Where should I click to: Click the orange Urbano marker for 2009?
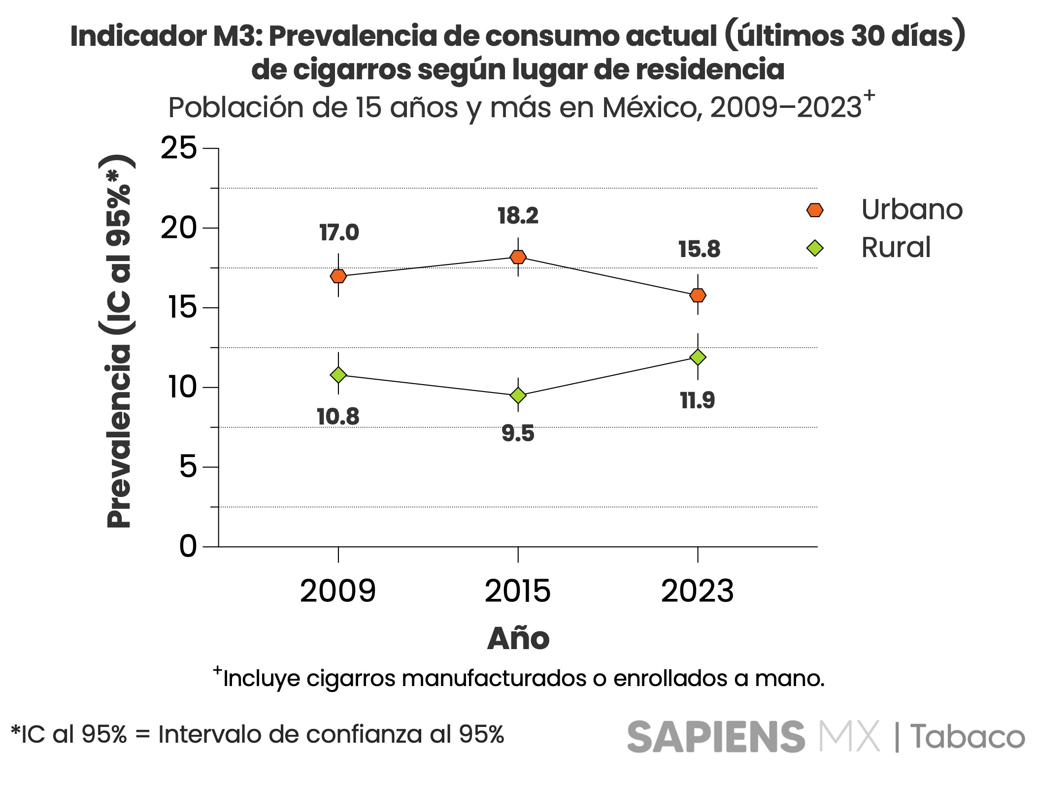[338, 276]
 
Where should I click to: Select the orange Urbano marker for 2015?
[518, 257]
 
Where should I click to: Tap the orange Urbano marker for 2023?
[698, 295]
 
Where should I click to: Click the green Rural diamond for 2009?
[338, 375]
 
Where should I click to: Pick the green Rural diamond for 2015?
[518, 395]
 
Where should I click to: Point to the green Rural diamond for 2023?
[698, 357]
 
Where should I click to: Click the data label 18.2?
[518, 216]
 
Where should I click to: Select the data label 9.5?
[518, 433]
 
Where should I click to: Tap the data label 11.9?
[698, 400]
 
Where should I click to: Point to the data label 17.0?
[339, 232]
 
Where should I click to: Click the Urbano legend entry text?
[911, 210]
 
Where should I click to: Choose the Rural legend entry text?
[896, 247]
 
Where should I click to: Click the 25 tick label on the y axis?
[179, 148]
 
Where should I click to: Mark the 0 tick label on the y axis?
[188, 546]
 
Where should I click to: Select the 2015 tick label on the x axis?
[518, 591]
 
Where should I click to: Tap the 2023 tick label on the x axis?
[698, 591]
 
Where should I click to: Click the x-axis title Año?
[518, 639]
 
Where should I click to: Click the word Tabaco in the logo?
[967, 737]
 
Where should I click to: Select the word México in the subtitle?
[652, 108]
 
